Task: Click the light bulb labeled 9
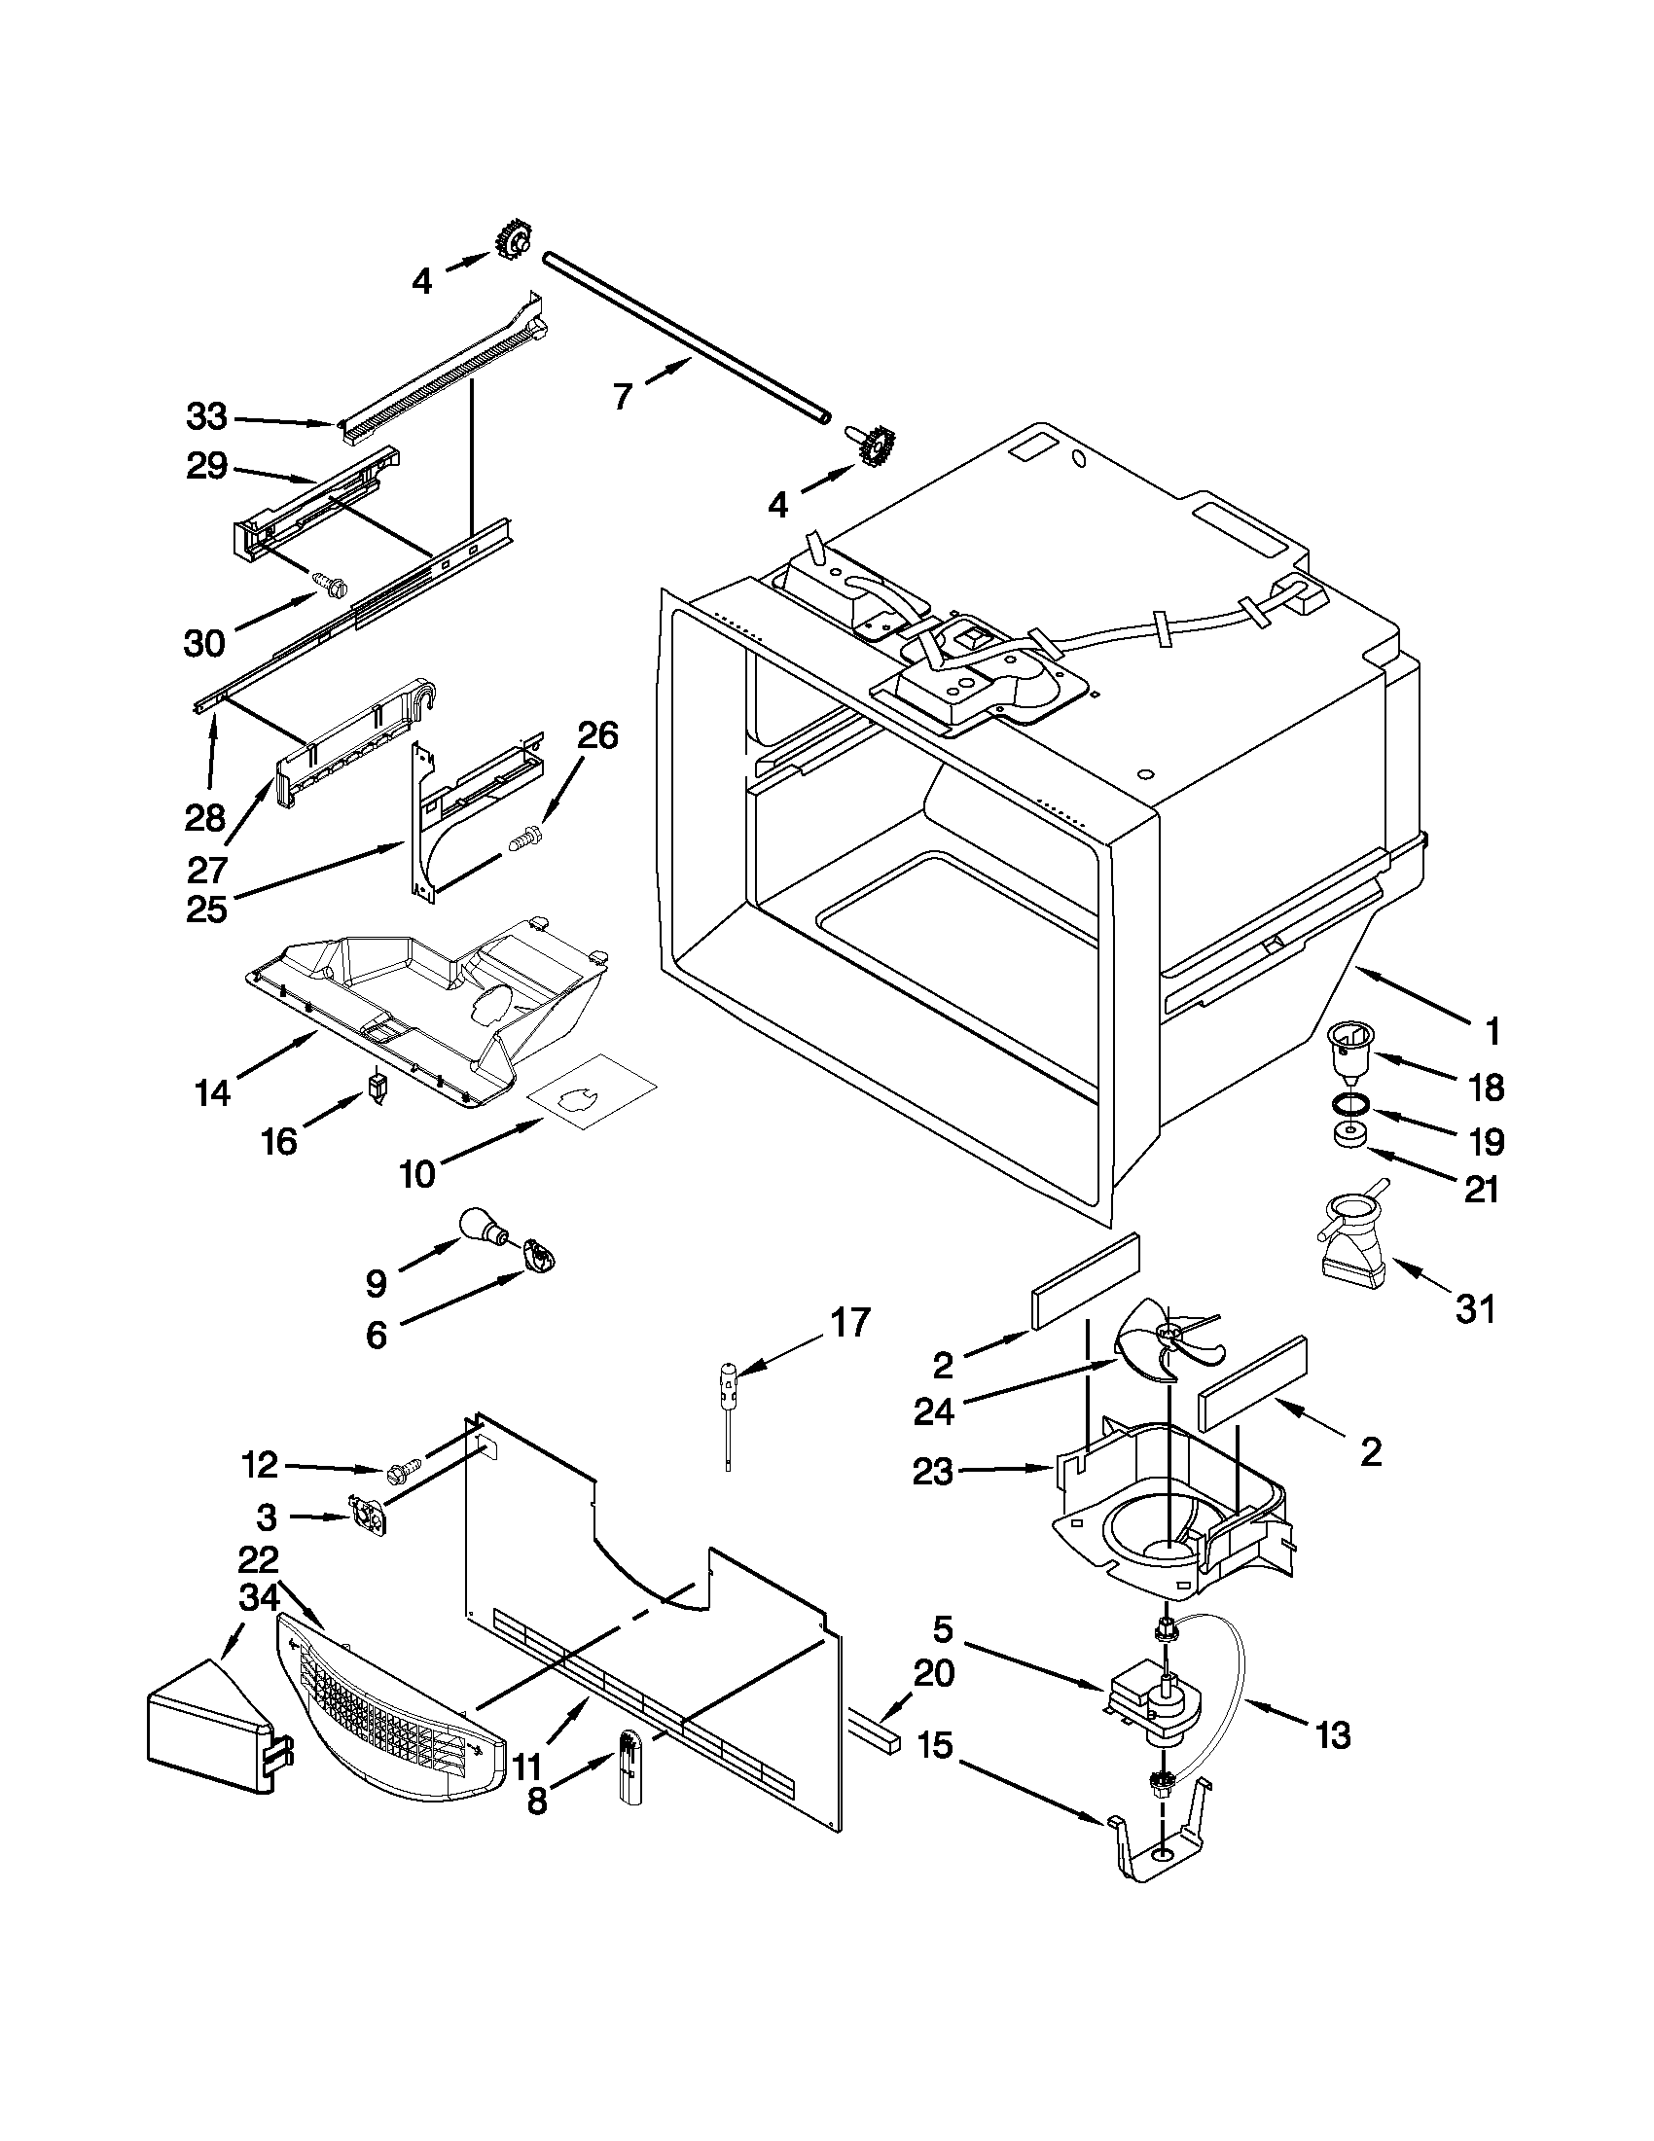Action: point(483,1225)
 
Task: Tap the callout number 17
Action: point(849,1323)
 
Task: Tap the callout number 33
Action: point(207,416)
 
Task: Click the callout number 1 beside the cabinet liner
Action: point(1492,1030)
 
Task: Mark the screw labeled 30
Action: point(325,585)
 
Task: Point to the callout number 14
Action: point(212,1091)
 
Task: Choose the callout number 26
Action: point(596,734)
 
